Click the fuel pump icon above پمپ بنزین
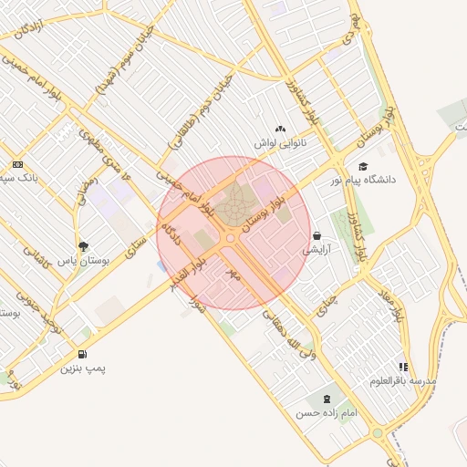coord(83,354)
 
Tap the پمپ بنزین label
coord(83,369)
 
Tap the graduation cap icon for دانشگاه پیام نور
coord(363,166)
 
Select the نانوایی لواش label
coord(279,143)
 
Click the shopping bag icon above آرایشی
coord(317,235)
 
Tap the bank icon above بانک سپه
coord(17,164)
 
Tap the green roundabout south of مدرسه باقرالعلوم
coord(377,432)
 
